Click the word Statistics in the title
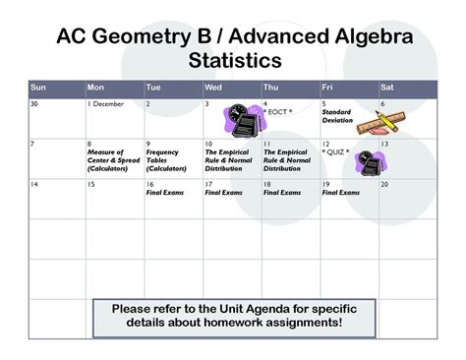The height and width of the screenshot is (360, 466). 232,61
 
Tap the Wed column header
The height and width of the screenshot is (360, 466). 214,87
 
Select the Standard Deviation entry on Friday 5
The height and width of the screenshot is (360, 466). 336,117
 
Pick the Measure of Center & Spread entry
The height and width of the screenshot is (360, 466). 106,159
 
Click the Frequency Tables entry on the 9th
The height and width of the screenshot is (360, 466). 162,159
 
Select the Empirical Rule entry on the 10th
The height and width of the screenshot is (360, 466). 227,159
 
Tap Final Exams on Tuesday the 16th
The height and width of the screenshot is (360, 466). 163,193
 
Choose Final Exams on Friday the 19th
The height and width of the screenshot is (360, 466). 340,193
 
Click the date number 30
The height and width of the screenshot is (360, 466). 34,103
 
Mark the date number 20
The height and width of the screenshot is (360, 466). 384,184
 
